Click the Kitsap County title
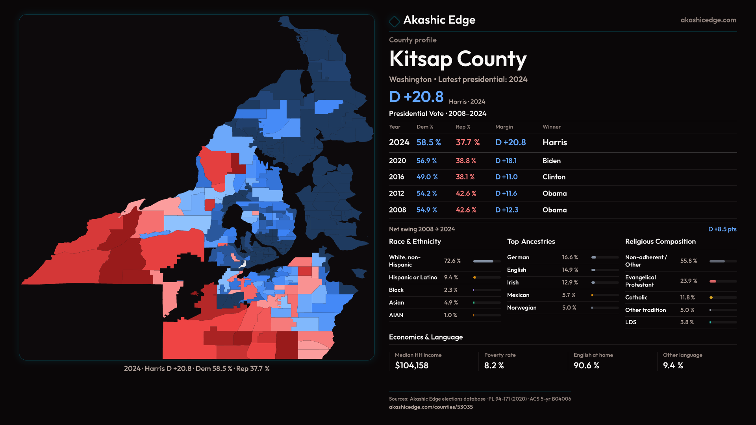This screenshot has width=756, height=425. [458, 59]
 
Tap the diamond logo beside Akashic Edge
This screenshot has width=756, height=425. [394, 21]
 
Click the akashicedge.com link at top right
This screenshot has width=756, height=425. [708, 20]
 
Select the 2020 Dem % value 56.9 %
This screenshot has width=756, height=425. [426, 161]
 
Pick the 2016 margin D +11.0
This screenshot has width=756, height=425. [506, 177]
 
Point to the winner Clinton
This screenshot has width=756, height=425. [554, 177]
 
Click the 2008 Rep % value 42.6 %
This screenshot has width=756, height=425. [466, 210]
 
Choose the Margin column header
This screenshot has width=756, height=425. [504, 127]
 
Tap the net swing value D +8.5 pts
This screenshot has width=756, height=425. [722, 229]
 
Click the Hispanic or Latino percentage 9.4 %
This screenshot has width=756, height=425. [451, 277]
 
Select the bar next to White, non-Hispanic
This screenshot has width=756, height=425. [487, 261]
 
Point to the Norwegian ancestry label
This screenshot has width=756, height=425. [522, 308]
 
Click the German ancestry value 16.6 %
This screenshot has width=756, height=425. [570, 257]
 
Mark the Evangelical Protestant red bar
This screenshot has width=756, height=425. [713, 281]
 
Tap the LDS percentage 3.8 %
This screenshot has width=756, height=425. [687, 322]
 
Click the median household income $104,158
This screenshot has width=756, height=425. [411, 366]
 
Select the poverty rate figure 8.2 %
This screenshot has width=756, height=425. [494, 366]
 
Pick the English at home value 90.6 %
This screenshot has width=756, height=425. [586, 366]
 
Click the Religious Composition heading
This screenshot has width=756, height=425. [660, 242]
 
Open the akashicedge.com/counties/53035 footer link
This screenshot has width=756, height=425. [431, 407]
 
